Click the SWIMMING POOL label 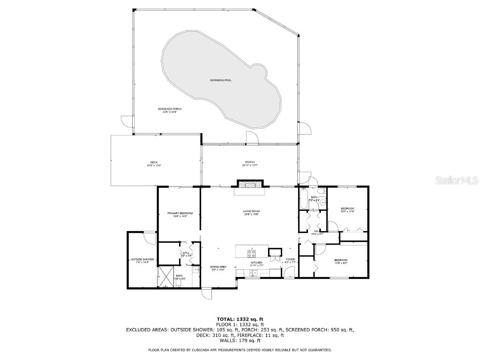pos(221,80)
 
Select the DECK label pos(154,162)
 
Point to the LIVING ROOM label pos(251,211)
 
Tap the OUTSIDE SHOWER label pos(142,259)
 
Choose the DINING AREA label pos(218,267)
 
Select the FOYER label pos(291,259)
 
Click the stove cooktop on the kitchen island pos(252,254)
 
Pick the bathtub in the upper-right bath pos(303,199)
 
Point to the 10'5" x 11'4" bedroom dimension pos(347,211)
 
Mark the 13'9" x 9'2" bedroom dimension pos(341,263)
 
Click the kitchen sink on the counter pos(253,274)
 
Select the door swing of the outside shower pos(150,237)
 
